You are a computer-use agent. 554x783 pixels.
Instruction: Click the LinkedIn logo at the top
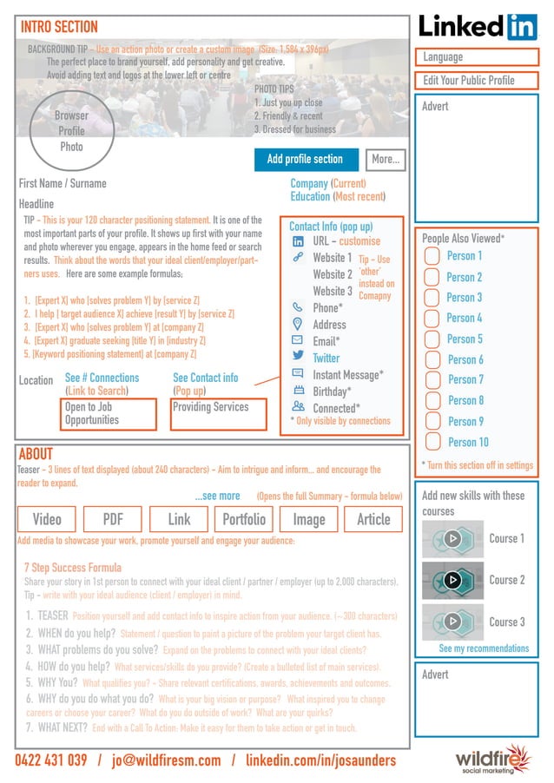coord(478,26)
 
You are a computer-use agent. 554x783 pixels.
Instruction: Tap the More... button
coord(385,160)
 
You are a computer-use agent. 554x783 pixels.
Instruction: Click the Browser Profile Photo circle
coord(71,131)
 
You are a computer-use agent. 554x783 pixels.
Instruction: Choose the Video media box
coord(47,519)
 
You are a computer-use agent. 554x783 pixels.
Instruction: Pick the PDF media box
coord(113,519)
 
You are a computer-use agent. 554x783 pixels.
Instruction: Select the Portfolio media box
coord(243,519)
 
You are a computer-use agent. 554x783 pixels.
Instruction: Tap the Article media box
coord(373,519)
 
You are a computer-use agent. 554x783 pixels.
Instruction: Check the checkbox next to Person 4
coord(432,319)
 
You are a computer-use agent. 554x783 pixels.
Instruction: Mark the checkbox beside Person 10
coord(432,443)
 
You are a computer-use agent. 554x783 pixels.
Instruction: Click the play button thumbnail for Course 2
coord(452,580)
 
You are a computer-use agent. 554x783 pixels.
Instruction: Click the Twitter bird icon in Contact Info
coord(298,357)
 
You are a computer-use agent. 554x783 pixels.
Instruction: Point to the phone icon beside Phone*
coord(298,307)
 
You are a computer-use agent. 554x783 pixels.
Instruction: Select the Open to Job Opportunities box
coord(109,414)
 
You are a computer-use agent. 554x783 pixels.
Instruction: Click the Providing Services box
coord(217,414)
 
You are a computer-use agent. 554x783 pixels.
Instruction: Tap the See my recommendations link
coord(484,648)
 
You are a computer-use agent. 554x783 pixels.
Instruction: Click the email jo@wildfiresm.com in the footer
coord(165,760)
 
